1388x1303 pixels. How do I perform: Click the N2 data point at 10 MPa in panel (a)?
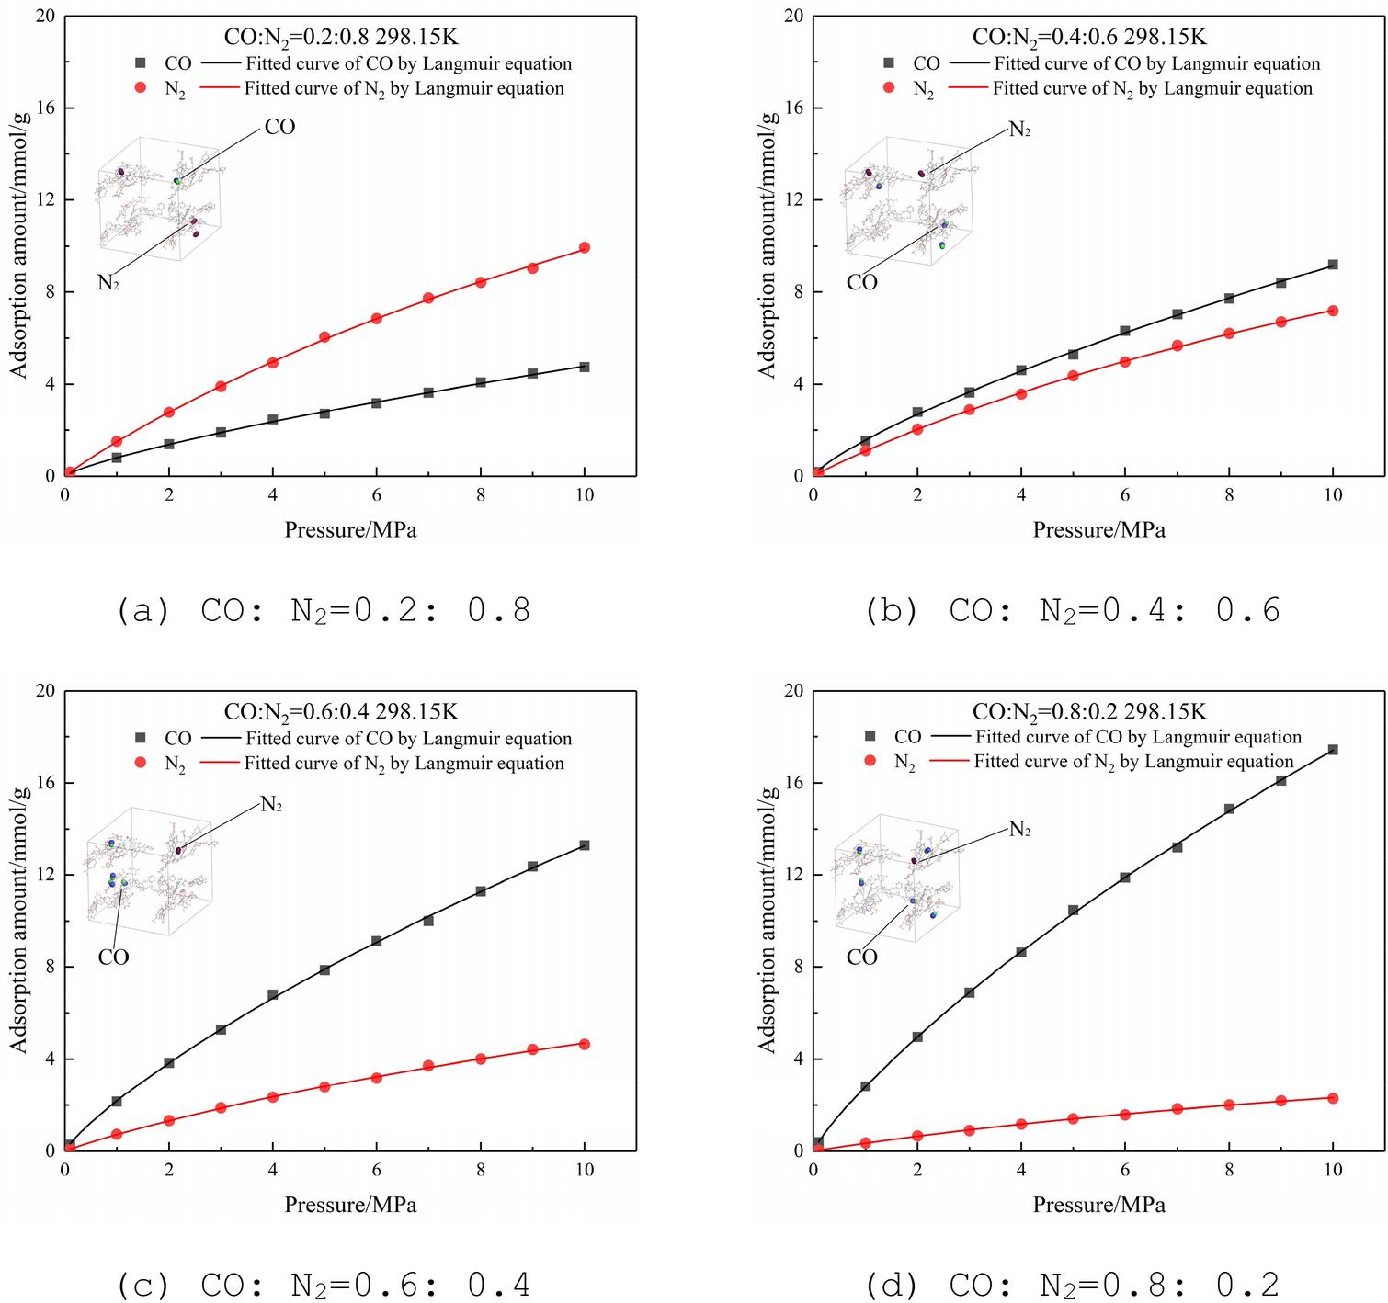tap(585, 248)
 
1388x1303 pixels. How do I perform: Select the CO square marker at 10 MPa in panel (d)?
tap(1333, 750)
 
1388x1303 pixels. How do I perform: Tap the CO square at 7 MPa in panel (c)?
tap(428, 920)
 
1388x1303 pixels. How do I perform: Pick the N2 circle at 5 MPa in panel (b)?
tap(1073, 376)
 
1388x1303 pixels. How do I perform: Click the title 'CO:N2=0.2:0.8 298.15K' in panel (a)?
tap(341, 38)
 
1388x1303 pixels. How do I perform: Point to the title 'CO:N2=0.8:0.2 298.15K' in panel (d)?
tap(1089, 712)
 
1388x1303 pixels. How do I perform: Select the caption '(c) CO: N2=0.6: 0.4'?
tap(324, 1285)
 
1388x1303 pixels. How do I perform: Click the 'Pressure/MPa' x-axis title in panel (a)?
tap(350, 530)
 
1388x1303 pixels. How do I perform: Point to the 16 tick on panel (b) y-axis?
tap(792, 108)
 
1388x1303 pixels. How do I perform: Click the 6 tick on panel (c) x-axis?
tap(376, 1170)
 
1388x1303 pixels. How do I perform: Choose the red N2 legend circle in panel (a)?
tap(141, 88)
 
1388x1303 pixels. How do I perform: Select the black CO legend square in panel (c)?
tap(141, 738)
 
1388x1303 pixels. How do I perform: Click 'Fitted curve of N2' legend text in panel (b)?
tap(1152, 89)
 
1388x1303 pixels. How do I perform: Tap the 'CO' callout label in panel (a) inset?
tap(279, 127)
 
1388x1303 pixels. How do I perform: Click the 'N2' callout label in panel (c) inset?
tap(271, 805)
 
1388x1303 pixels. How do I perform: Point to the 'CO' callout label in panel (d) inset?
tap(861, 957)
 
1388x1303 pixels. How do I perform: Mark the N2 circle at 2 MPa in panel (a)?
tap(169, 413)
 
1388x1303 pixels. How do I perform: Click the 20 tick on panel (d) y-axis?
tap(792, 691)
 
